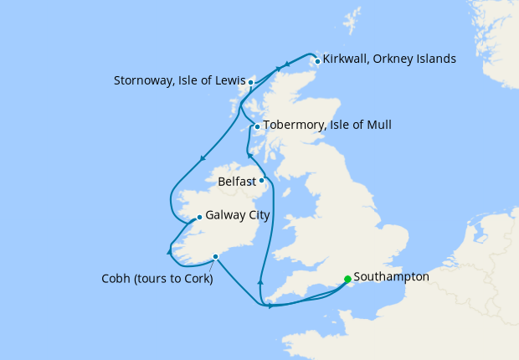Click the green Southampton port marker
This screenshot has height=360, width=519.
pyautogui.click(x=347, y=280)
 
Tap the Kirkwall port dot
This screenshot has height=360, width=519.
pyautogui.click(x=317, y=60)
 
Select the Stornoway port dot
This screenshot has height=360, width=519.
pyautogui.click(x=250, y=82)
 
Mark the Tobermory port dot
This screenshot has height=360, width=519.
pyautogui.click(x=257, y=127)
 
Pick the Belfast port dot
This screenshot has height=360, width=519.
pyautogui.click(x=261, y=180)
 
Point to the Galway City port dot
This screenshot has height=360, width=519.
pyautogui.click(x=198, y=217)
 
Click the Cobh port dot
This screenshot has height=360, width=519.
pyautogui.click(x=216, y=256)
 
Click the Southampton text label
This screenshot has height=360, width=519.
pyautogui.click(x=392, y=276)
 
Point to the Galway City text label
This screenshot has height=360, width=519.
pyautogui.click(x=237, y=215)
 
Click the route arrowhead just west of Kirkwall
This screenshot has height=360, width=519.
pyautogui.click(x=287, y=64)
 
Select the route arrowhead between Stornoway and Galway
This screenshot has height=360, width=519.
pyautogui.click(x=203, y=159)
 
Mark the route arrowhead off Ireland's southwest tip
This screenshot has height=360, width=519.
pyautogui.click(x=170, y=249)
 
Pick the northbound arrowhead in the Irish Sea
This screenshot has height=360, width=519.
pyautogui.click(x=260, y=284)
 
